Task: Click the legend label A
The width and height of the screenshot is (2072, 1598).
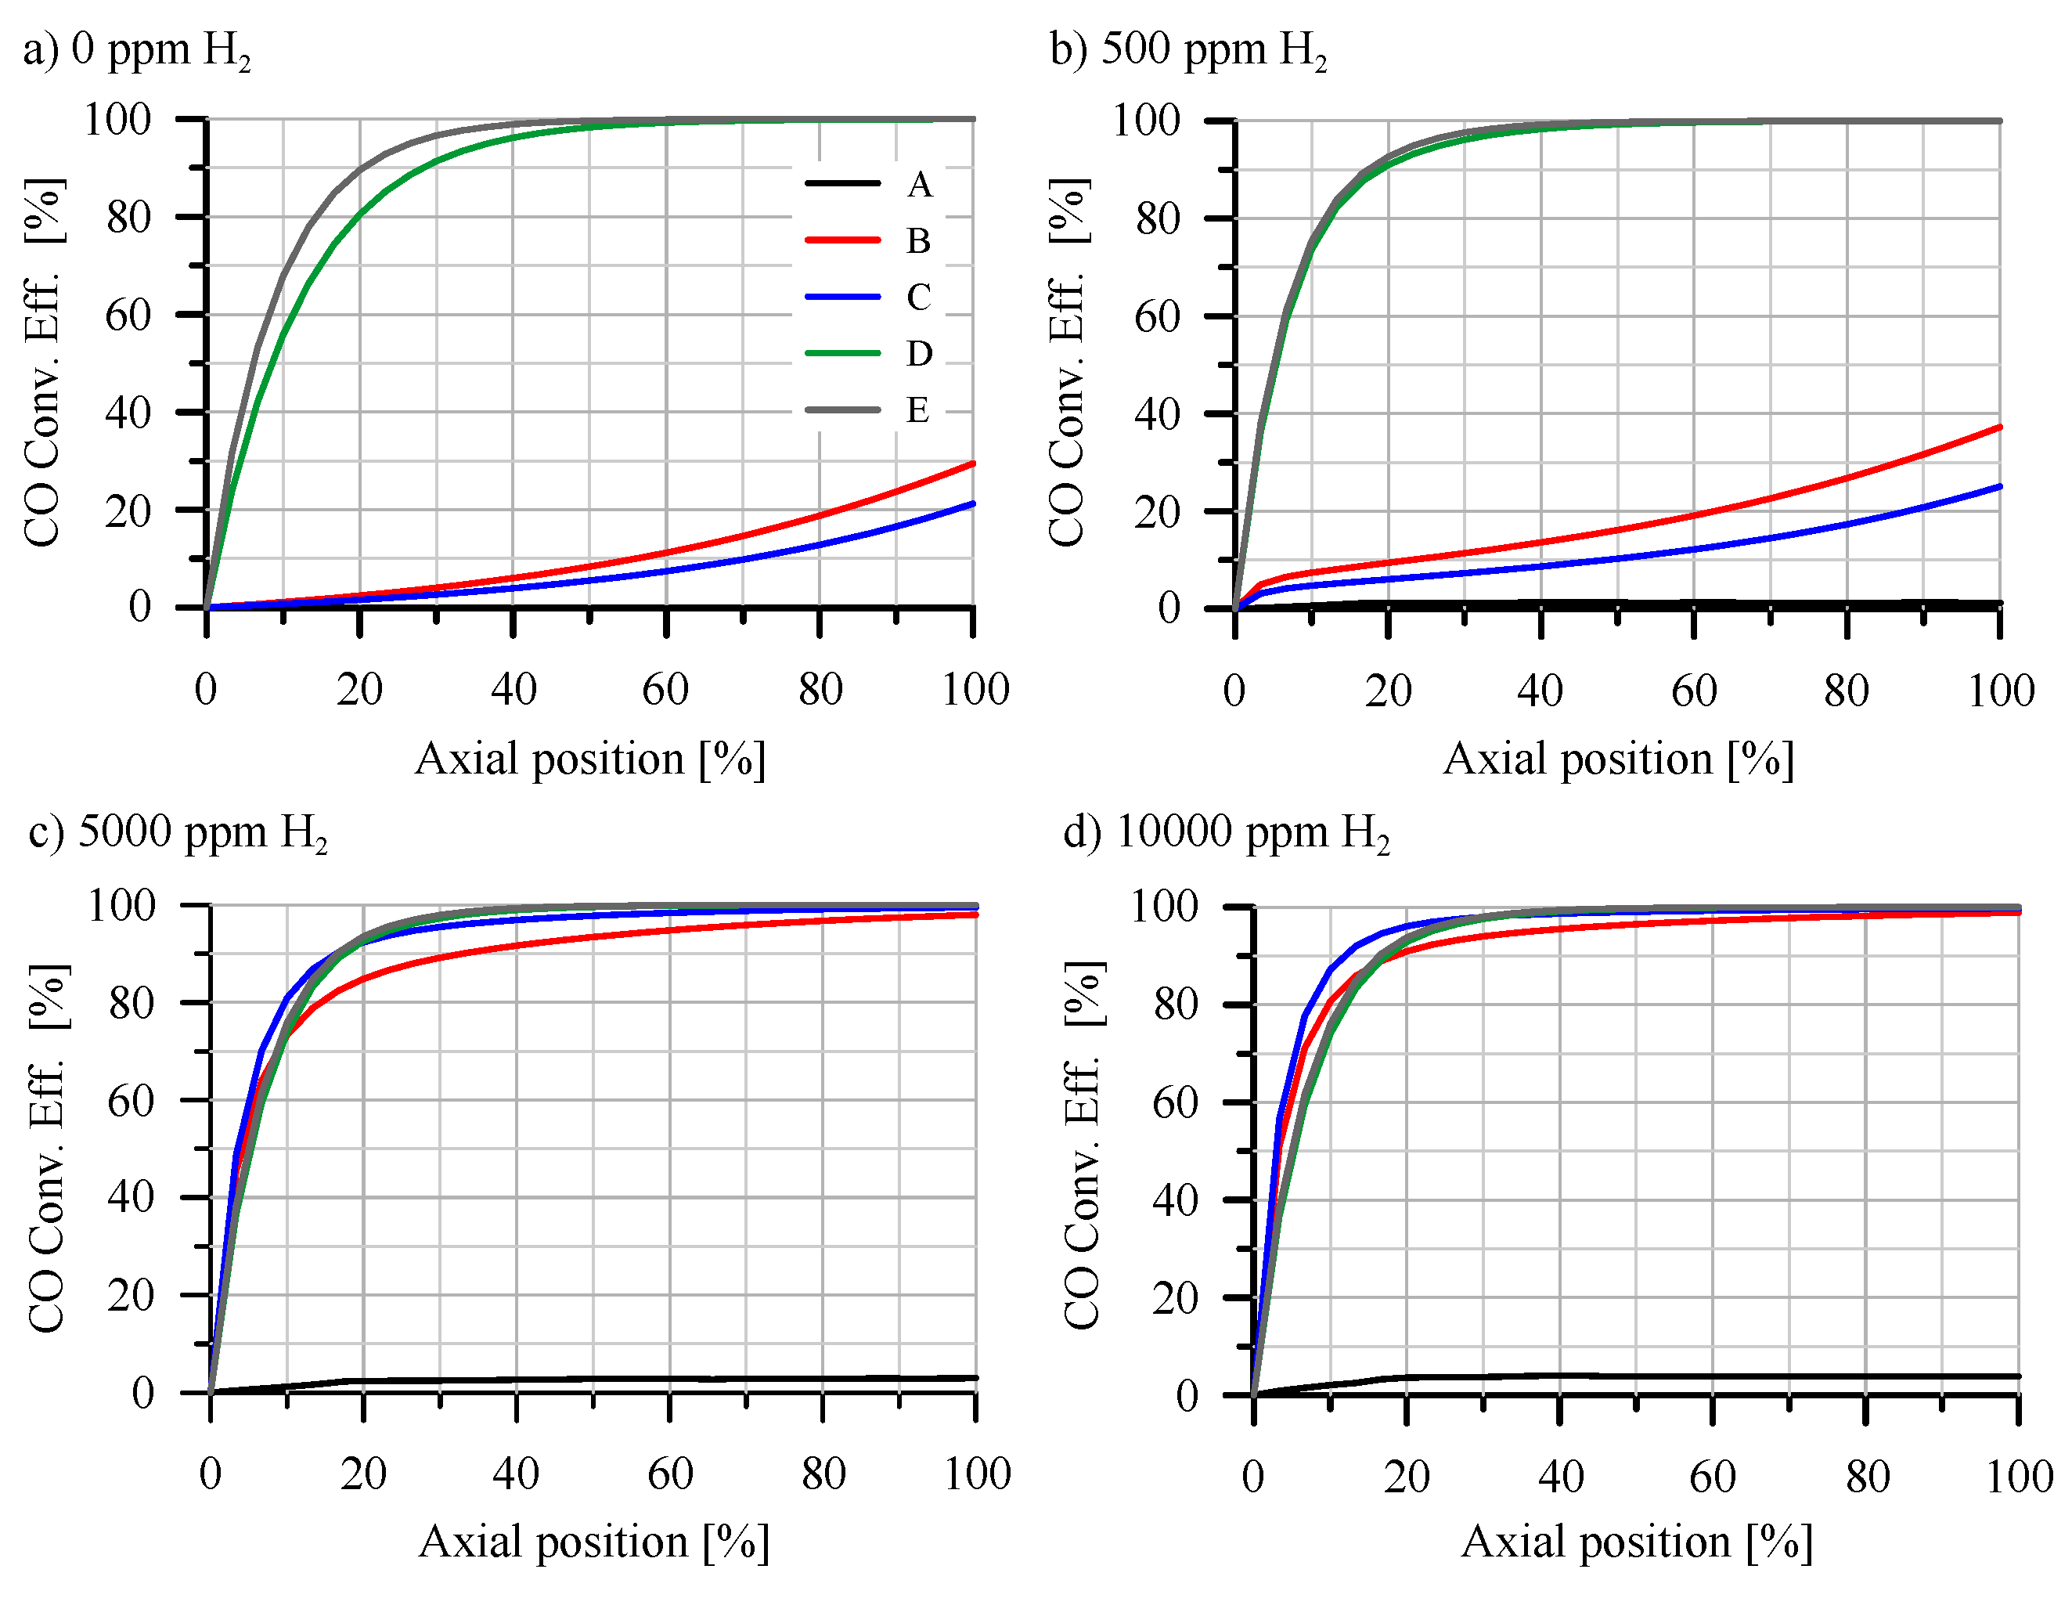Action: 918,184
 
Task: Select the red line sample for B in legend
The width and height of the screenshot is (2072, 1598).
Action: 842,240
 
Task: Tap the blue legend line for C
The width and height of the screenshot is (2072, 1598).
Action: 842,297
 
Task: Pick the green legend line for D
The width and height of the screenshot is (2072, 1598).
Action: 842,353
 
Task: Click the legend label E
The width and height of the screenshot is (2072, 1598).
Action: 917,410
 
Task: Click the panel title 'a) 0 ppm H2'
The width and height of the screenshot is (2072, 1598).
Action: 137,49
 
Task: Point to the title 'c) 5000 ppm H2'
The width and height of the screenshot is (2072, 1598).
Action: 178,832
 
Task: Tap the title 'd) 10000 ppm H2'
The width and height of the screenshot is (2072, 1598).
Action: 1226,832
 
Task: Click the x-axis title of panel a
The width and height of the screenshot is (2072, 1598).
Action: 590,759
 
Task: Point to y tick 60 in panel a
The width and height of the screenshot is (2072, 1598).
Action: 128,315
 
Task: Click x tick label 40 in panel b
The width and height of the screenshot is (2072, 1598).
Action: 1540,691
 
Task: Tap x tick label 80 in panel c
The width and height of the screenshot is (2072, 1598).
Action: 823,1474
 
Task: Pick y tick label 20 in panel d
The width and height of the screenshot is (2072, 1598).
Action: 1176,1298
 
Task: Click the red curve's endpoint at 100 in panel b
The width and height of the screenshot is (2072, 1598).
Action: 1999,427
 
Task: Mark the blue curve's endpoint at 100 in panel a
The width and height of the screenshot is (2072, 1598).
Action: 972,504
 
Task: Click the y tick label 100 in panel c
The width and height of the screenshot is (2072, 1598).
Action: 121,905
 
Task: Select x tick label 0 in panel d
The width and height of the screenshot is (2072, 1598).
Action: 1252,1477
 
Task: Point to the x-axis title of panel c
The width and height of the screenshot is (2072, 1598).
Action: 594,1542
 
